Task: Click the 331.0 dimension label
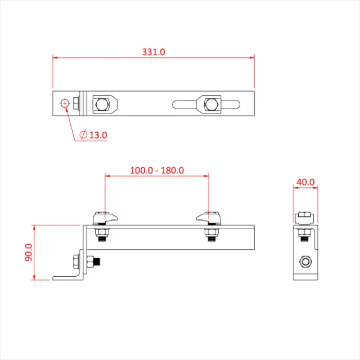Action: coord(153,52)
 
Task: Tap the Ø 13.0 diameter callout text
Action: coord(93,135)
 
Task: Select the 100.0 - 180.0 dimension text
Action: coord(157,170)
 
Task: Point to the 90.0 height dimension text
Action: coord(29,253)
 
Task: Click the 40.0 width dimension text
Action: coord(305,182)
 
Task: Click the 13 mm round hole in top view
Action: coord(65,103)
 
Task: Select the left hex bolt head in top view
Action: coord(101,103)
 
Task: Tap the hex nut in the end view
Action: coord(305,261)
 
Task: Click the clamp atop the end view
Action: coord(303,218)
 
